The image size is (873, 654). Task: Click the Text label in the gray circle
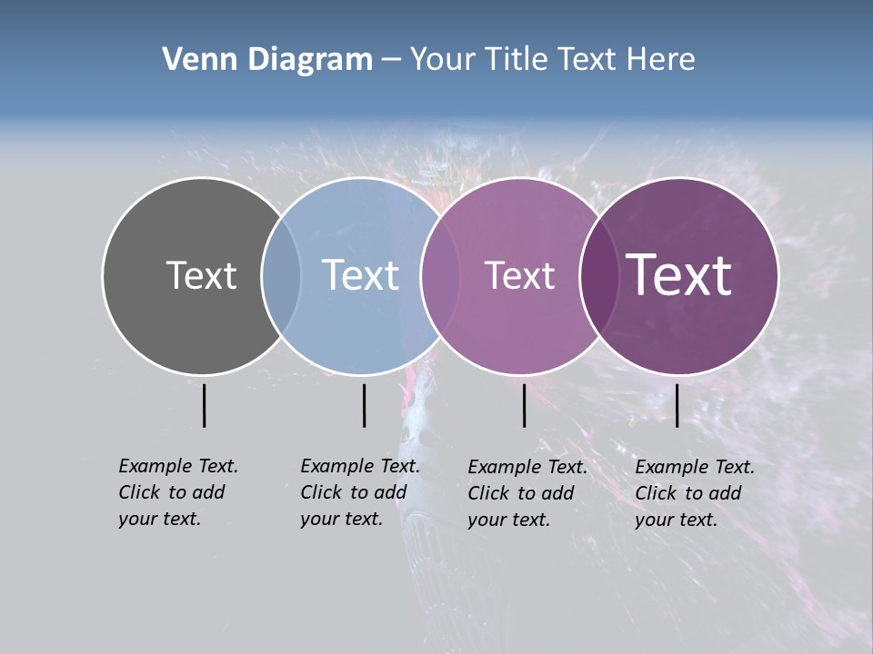pyautogui.click(x=201, y=275)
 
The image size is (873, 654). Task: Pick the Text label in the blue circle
pyautogui.click(x=361, y=275)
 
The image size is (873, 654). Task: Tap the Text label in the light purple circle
pyautogui.click(x=519, y=275)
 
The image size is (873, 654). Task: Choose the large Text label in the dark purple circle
pyautogui.click(x=679, y=275)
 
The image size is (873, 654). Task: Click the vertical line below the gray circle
pyautogui.click(x=204, y=405)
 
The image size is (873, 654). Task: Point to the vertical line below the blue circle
pyautogui.click(x=364, y=405)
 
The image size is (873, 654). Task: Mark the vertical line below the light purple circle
pyautogui.click(x=524, y=405)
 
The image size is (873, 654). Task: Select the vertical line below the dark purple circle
pyautogui.click(x=677, y=405)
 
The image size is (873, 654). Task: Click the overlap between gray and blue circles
pyautogui.click(x=281, y=275)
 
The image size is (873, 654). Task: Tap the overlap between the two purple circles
pyautogui.click(x=599, y=275)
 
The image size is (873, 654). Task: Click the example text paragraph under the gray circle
pyautogui.click(x=178, y=492)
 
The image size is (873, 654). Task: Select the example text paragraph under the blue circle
pyautogui.click(x=360, y=492)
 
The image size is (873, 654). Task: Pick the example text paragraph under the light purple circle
pyautogui.click(x=527, y=493)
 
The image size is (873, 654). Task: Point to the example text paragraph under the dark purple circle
pyautogui.click(x=695, y=493)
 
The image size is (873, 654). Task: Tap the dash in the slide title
pyautogui.click(x=391, y=60)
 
